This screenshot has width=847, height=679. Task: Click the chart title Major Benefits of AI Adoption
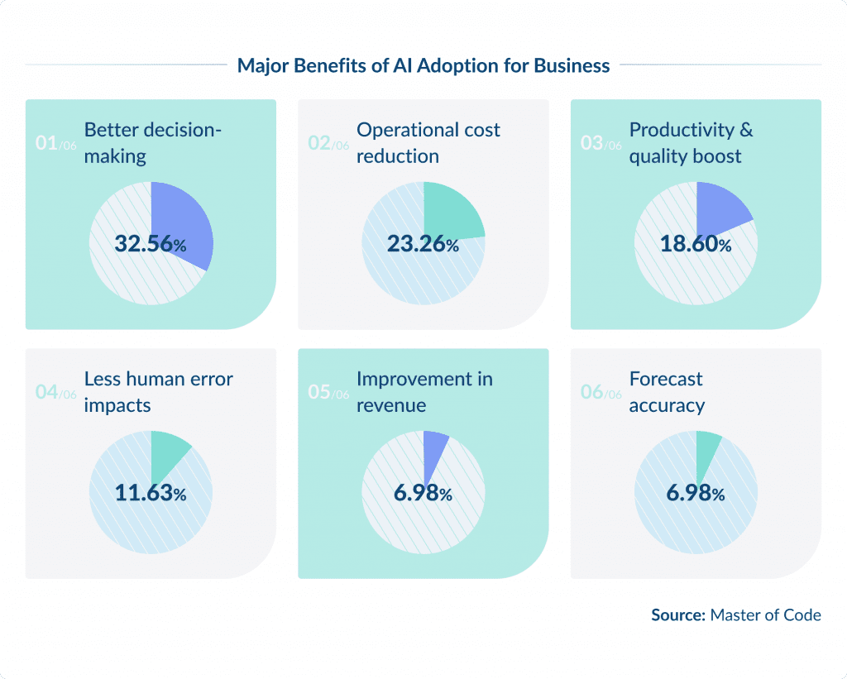pyautogui.click(x=423, y=65)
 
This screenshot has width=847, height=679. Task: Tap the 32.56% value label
pyautogui.click(x=150, y=244)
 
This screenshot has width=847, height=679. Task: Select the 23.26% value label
pyautogui.click(x=423, y=244)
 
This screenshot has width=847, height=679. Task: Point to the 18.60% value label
pyautogui.click(x=696, y=244)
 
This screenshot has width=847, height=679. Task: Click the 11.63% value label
pyautogui.click(x=150, y=494)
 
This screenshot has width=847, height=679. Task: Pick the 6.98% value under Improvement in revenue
pyautogui.click(x=423, y=494)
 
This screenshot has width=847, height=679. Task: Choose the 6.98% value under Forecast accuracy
pyautogui.click(x=696, y=494)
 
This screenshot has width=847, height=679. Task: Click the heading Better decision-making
pyautogui.click(x=153, y=143)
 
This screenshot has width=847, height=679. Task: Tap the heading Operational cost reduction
pyautogui.click(x=428, y=143)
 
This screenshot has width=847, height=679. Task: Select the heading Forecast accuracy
pyautogui.click(x=667, y=392)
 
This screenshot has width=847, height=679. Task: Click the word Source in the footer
pyautogui.click(x=678, y=614)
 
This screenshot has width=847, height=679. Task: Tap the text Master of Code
pyautogui.click(x=766, y=614)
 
